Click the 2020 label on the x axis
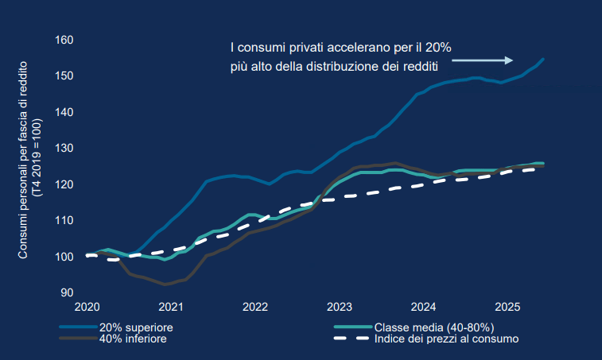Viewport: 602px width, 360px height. coord(86,306)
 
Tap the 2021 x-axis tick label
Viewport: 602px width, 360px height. coord(170,306)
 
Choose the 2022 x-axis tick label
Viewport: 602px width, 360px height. coord(254,306)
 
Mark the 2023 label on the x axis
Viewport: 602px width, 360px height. coord(339,306)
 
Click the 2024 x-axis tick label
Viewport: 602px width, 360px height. coord(423,306)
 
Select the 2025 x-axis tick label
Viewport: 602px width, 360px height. coord(507,306)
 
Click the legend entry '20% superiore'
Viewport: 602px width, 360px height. coord(136,327)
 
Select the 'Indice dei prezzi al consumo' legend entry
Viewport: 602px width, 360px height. coord(446,339)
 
